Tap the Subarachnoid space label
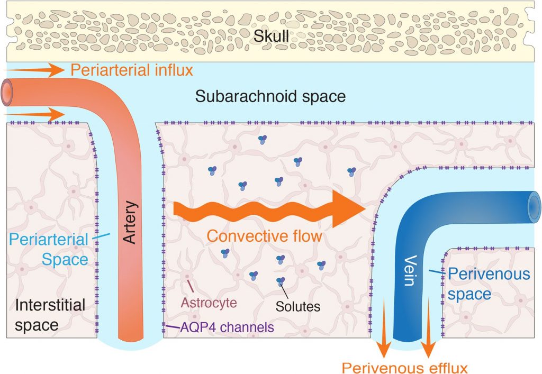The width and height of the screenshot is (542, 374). [x=270, y=97]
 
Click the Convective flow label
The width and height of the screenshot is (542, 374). [x=264, y=236]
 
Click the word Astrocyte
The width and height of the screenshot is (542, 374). [x=208, y=303]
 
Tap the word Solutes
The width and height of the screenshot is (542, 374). [x=299, y=305]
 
